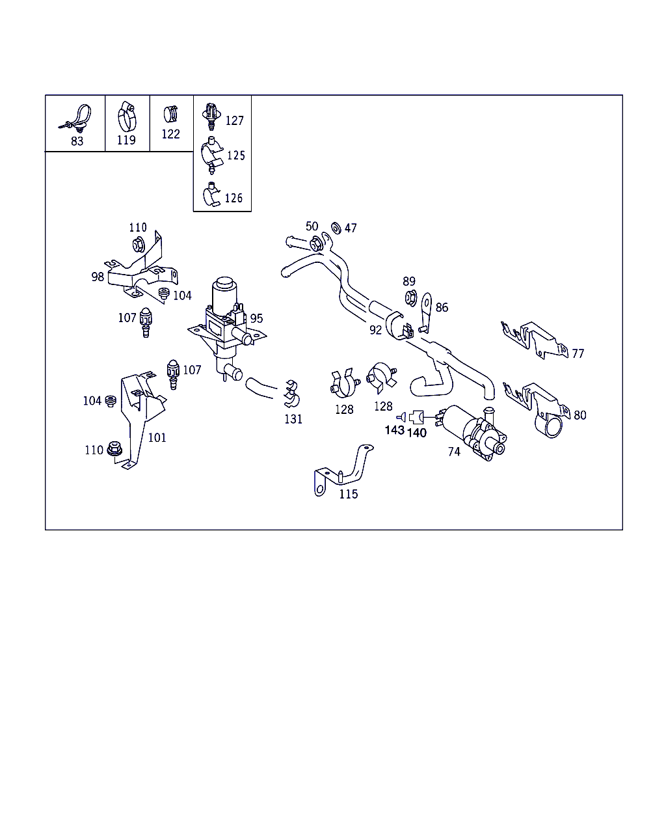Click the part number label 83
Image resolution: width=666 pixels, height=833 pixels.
77,141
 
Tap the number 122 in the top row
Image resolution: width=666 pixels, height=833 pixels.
170,134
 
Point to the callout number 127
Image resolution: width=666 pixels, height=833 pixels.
235,121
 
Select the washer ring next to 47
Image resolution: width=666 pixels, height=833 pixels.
336,228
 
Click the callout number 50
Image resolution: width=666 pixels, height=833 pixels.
312,226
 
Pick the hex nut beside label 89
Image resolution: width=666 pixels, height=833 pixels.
411,298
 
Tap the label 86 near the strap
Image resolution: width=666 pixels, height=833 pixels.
442,307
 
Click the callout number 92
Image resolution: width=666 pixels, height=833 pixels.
375,330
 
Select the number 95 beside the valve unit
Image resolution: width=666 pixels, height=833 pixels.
256,318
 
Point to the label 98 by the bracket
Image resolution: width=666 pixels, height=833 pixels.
98,277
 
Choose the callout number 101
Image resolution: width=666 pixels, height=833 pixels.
157,438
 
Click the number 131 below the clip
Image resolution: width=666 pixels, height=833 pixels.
293,419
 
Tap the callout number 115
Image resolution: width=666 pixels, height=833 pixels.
349,495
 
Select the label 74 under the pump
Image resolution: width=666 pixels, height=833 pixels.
455,452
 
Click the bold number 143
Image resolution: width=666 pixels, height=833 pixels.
395,430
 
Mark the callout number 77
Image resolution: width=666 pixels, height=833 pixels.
578,353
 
